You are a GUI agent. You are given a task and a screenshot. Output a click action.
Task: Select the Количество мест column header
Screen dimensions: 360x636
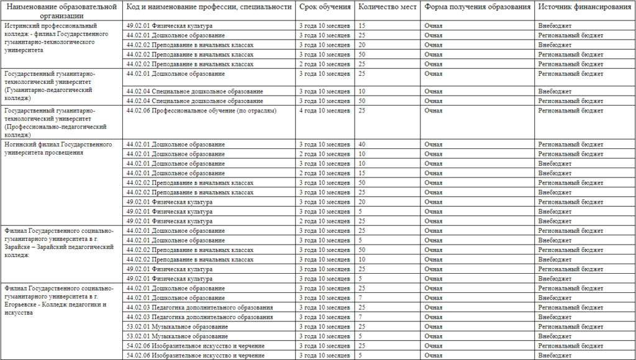click(x=388, y=6)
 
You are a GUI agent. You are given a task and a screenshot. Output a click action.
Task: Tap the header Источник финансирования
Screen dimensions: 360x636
click(x=584, y=6)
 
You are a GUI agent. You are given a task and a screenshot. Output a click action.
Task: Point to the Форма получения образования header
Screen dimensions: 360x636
click(x=478, y=6)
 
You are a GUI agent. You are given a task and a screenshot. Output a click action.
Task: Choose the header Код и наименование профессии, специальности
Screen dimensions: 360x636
click(x=209, y=6)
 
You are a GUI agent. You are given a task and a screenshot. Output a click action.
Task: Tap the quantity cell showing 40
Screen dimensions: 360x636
click(x=362, y=144)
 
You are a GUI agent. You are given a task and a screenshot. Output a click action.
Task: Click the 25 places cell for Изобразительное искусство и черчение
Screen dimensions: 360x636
click(x=362, y=345)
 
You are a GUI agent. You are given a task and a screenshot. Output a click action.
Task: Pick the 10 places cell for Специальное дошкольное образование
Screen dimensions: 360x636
click(x=362, y=91)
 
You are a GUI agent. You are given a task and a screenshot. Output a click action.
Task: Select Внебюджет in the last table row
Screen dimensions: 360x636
click(x=555, y=355)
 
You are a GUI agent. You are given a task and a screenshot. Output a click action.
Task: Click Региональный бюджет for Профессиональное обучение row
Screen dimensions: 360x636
click(x=570, y=110)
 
